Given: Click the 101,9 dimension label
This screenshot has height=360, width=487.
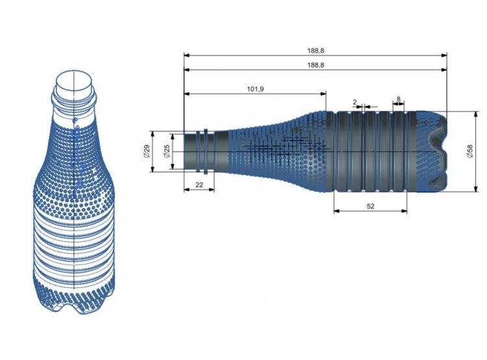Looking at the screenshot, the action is [x=255, y=89].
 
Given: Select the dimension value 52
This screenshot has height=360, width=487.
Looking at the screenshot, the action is [x=371, y=206].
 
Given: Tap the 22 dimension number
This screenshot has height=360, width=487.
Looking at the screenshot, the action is [x=199, y=185].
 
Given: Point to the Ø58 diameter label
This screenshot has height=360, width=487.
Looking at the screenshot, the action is [x=469, y=151].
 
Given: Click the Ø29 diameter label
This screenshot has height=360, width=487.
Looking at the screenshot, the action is [x=147, y=151].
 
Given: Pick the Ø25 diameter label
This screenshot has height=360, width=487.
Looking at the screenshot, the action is [x=167, y=151].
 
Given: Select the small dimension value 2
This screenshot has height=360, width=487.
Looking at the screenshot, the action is [x=355, y=101].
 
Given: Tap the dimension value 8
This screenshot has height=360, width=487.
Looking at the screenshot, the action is [x=399, y=99].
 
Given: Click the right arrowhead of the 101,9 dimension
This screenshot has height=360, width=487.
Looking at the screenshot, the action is [x=323, y=94].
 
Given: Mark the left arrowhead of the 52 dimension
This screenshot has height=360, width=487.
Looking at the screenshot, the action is [x=336, y=211].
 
